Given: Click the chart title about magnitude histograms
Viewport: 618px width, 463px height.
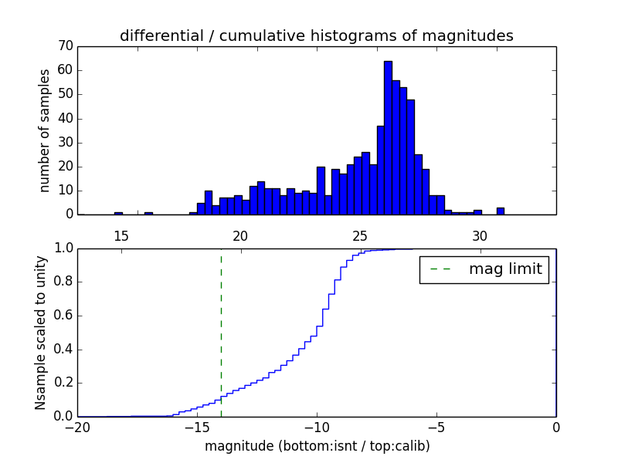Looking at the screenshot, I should click(316, 35).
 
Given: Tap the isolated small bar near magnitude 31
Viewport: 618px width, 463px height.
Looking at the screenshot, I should click(501, 211).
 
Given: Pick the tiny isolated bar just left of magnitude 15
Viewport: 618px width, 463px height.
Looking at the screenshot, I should click(118, 213).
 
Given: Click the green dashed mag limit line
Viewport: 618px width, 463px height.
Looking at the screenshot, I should click(221, 332).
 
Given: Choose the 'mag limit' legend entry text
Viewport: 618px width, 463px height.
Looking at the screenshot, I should click(505, 269).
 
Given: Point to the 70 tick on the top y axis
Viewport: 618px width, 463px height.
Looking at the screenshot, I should click(65, 46).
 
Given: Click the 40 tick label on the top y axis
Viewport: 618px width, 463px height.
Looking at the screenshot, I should click(65, 118).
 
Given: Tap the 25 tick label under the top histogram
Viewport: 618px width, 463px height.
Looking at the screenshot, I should click(360, 235).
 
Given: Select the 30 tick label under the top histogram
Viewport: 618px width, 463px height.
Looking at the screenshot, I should click(480, 235).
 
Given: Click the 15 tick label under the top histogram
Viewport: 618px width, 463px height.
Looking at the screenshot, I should click(121, 235).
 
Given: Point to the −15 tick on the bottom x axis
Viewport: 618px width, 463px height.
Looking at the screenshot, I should click(196, 427).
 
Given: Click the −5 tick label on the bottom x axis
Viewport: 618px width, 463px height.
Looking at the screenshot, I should click(436, 427).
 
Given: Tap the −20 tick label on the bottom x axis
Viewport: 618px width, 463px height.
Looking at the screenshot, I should click(76, 427).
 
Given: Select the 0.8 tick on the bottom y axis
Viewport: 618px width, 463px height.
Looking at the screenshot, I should click(63, 282).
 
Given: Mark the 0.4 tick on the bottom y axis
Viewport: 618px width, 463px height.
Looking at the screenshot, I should click(63, 349).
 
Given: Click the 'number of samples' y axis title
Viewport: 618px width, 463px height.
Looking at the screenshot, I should click(45, 130).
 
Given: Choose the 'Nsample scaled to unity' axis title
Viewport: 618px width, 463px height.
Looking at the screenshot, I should click(42, 333).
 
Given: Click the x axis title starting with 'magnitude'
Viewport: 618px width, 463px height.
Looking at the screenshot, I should click(317, 446).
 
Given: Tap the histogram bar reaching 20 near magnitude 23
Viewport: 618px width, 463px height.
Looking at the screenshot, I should click(321, 191).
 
